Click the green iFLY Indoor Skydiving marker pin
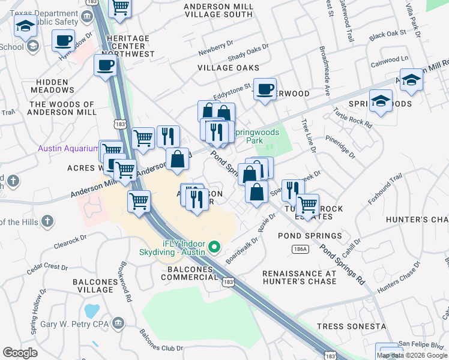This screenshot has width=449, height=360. click(x=213, y=247)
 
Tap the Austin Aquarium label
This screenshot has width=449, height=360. click(x=68, y=148)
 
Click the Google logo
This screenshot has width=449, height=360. click(x=20, y=353)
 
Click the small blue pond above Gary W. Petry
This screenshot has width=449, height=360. click(x=92, y=311)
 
